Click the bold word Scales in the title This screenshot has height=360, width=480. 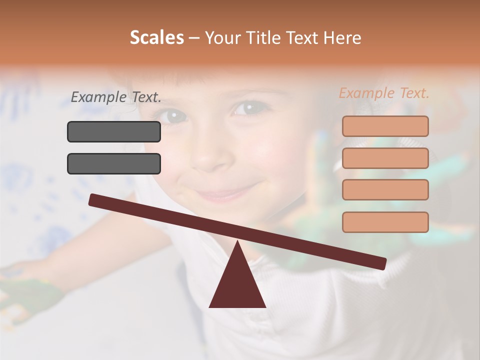(156, 38)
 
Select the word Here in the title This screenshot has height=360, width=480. (343, 38)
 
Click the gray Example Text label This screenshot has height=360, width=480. (116, 97)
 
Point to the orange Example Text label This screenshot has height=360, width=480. (384, 93)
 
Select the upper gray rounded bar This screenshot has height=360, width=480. (114, 131)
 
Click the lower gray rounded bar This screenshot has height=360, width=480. (114, 163)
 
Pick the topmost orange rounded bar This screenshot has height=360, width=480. (385, 126)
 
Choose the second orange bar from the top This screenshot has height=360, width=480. (385, 158)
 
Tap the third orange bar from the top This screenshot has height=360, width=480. (385, 189)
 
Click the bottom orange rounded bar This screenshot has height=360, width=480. (385, 222)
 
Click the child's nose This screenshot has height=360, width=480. (210, 155)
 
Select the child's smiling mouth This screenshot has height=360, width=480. (227, 193)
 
